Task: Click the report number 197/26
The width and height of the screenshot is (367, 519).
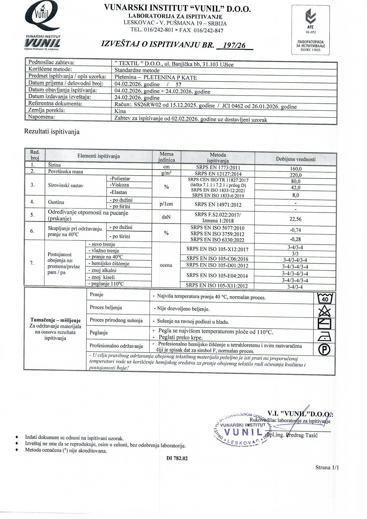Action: [234, 45]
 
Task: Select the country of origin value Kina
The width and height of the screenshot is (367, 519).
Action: [120, 111]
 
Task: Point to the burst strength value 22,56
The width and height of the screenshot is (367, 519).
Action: [295, 219]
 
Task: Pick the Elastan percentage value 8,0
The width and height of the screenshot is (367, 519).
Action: [296, 195]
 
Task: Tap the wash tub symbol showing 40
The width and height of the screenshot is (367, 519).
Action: [325, 298]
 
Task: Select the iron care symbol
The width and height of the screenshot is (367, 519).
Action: [324, 337]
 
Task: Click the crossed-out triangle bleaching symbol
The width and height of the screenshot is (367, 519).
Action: [324, 311]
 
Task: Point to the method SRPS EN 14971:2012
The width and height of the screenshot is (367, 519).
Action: [218, 205]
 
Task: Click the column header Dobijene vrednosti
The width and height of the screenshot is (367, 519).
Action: [296, 159]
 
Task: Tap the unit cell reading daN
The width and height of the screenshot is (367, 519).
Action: [166, 217]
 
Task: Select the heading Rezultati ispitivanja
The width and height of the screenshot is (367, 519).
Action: [52, 132]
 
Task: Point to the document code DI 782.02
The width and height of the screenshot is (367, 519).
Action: [177, 458]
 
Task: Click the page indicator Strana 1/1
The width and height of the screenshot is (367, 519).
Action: [327, 467]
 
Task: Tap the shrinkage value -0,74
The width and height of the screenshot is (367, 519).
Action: [295, 230]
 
